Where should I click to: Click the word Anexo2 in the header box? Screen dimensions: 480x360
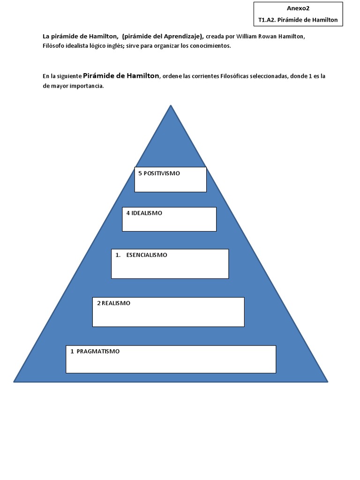coord(298,8)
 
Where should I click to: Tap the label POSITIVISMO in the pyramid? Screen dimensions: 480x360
coord(162,173)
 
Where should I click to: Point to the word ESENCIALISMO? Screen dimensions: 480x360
coord(147,255)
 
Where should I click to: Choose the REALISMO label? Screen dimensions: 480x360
coord(116,303)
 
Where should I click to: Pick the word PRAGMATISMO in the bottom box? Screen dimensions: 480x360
coord(98,351)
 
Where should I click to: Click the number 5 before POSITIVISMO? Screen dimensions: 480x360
coord(140,173)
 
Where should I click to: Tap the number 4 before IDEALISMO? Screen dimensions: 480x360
coord(128,213)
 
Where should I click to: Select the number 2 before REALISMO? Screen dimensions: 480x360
coord(99,303)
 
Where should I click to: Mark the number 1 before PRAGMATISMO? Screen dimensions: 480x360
coord(72,351)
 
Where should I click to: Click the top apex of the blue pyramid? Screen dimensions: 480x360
coord(171,105)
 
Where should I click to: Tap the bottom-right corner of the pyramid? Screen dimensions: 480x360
coord(327,381)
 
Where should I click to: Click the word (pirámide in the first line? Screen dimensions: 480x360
coord(136,37)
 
